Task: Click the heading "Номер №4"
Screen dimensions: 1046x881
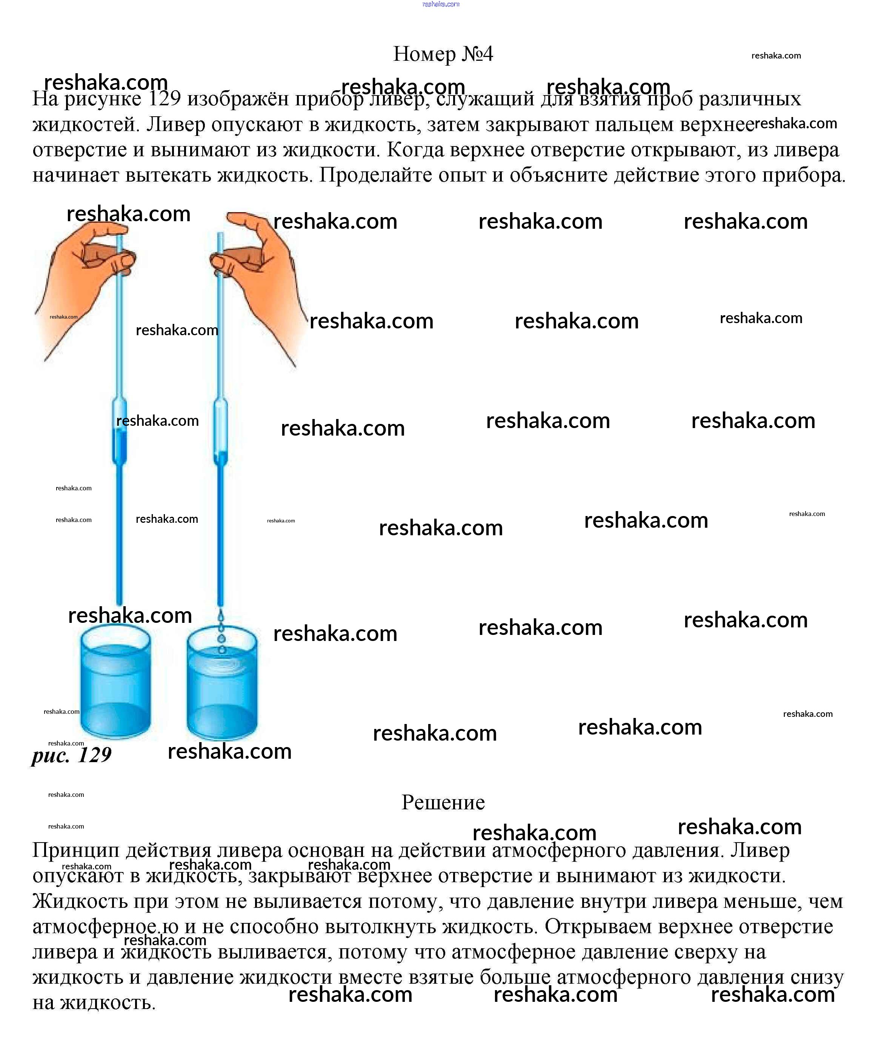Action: [x=443, y=54]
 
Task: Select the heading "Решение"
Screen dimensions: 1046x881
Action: [x=443, y=802]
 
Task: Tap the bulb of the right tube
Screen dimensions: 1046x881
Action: [x=221, y=432]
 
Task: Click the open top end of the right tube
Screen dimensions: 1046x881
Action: [x=220, y=235]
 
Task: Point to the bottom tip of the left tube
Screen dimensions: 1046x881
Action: [x=119, y=602]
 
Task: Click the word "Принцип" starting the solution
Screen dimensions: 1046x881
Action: [x=76, y=850]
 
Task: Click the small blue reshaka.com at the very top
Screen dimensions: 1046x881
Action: [x=441, y=4]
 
